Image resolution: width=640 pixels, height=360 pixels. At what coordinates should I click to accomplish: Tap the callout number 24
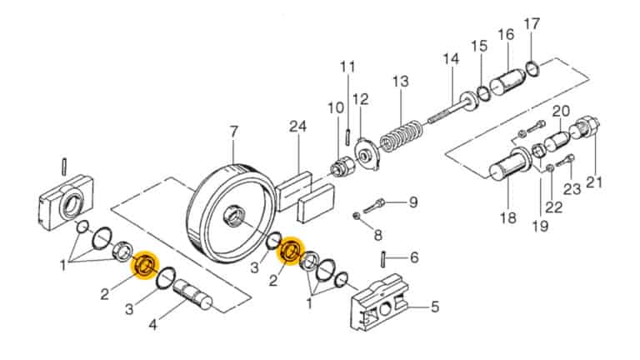point(298,127)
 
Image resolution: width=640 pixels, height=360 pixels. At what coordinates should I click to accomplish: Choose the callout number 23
point(571,189)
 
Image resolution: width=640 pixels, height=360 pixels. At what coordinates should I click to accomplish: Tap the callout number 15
point(479,45)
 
